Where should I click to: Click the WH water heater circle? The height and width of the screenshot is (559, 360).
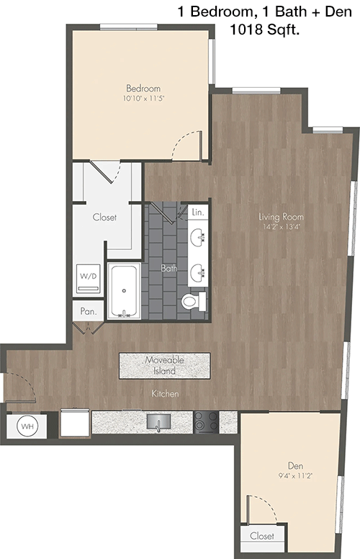[27, 426]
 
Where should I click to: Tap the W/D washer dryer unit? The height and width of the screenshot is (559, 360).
[89, 279]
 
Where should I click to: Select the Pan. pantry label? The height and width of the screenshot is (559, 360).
[89, 312]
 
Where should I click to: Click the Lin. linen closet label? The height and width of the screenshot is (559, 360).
[198, 212]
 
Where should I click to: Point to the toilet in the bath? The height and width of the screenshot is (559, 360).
[194, 302]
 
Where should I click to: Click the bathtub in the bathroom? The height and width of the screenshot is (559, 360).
[124, 290]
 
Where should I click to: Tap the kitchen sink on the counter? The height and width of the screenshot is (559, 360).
[158, 422]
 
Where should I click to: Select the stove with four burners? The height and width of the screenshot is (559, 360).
[206, 422]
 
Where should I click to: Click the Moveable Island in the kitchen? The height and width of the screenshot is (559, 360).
[164, 365]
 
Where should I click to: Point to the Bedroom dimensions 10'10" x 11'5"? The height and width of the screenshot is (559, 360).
[143, 98]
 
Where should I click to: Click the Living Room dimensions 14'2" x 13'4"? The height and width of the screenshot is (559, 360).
[281, 226]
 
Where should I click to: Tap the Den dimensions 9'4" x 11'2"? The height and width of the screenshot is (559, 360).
[295, 475]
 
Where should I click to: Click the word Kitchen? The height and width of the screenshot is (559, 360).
[165, 393]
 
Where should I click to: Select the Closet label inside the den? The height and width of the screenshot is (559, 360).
[262, 536]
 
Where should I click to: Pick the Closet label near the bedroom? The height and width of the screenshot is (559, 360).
[104, 217]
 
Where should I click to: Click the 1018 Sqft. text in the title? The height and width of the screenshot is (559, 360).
[264, 30]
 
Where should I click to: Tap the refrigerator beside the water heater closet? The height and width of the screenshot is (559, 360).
[74, 423]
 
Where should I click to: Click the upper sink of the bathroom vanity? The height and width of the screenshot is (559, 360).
[197, 237]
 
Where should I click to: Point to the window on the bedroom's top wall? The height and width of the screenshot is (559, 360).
[129, 27]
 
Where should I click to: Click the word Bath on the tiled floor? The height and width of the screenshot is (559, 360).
[168, 268]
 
